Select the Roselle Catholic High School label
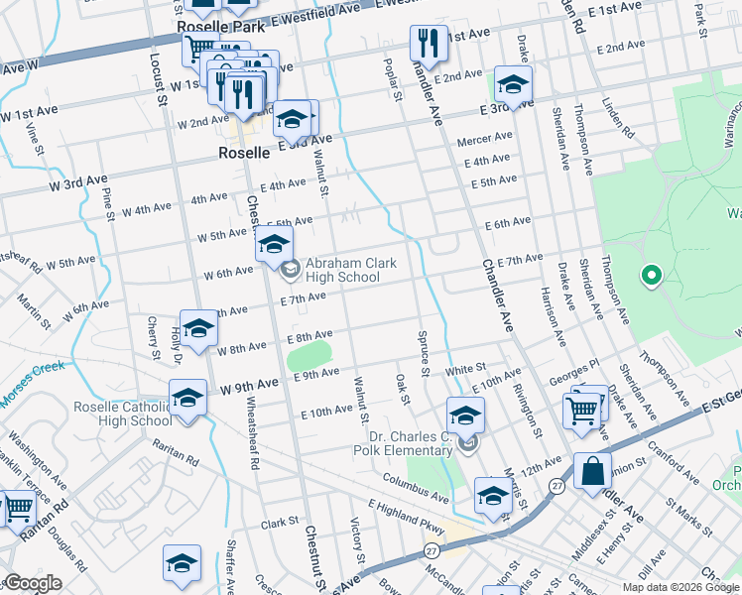coord(122,414)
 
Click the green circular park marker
coord(651,276)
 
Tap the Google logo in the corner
coord(32,583)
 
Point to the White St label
coord(464,369)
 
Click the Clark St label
coord(280,523)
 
